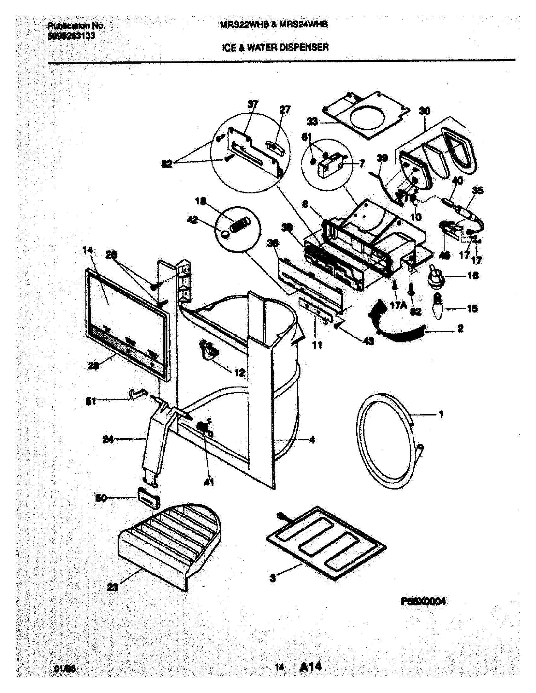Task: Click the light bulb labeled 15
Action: (439, 307)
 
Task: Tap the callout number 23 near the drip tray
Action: (113, 588)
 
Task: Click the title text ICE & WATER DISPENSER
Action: (275, 48)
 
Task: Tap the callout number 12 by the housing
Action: (239, 373)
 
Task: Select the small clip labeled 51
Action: (137, 394)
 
